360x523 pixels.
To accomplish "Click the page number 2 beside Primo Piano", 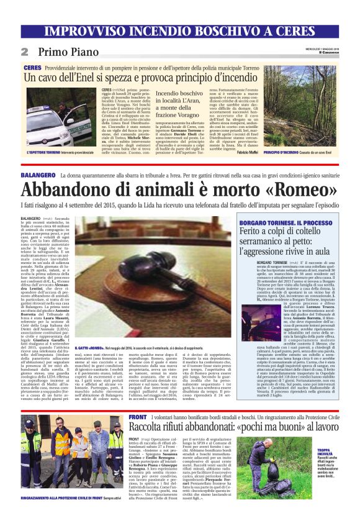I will pyautogui.click(x=25, y=51).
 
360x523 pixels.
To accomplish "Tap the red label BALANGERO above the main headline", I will pyautogui.click(x=37, y=177).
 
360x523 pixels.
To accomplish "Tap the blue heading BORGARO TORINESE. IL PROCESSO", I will pyautogui.click(x=280, y=222).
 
